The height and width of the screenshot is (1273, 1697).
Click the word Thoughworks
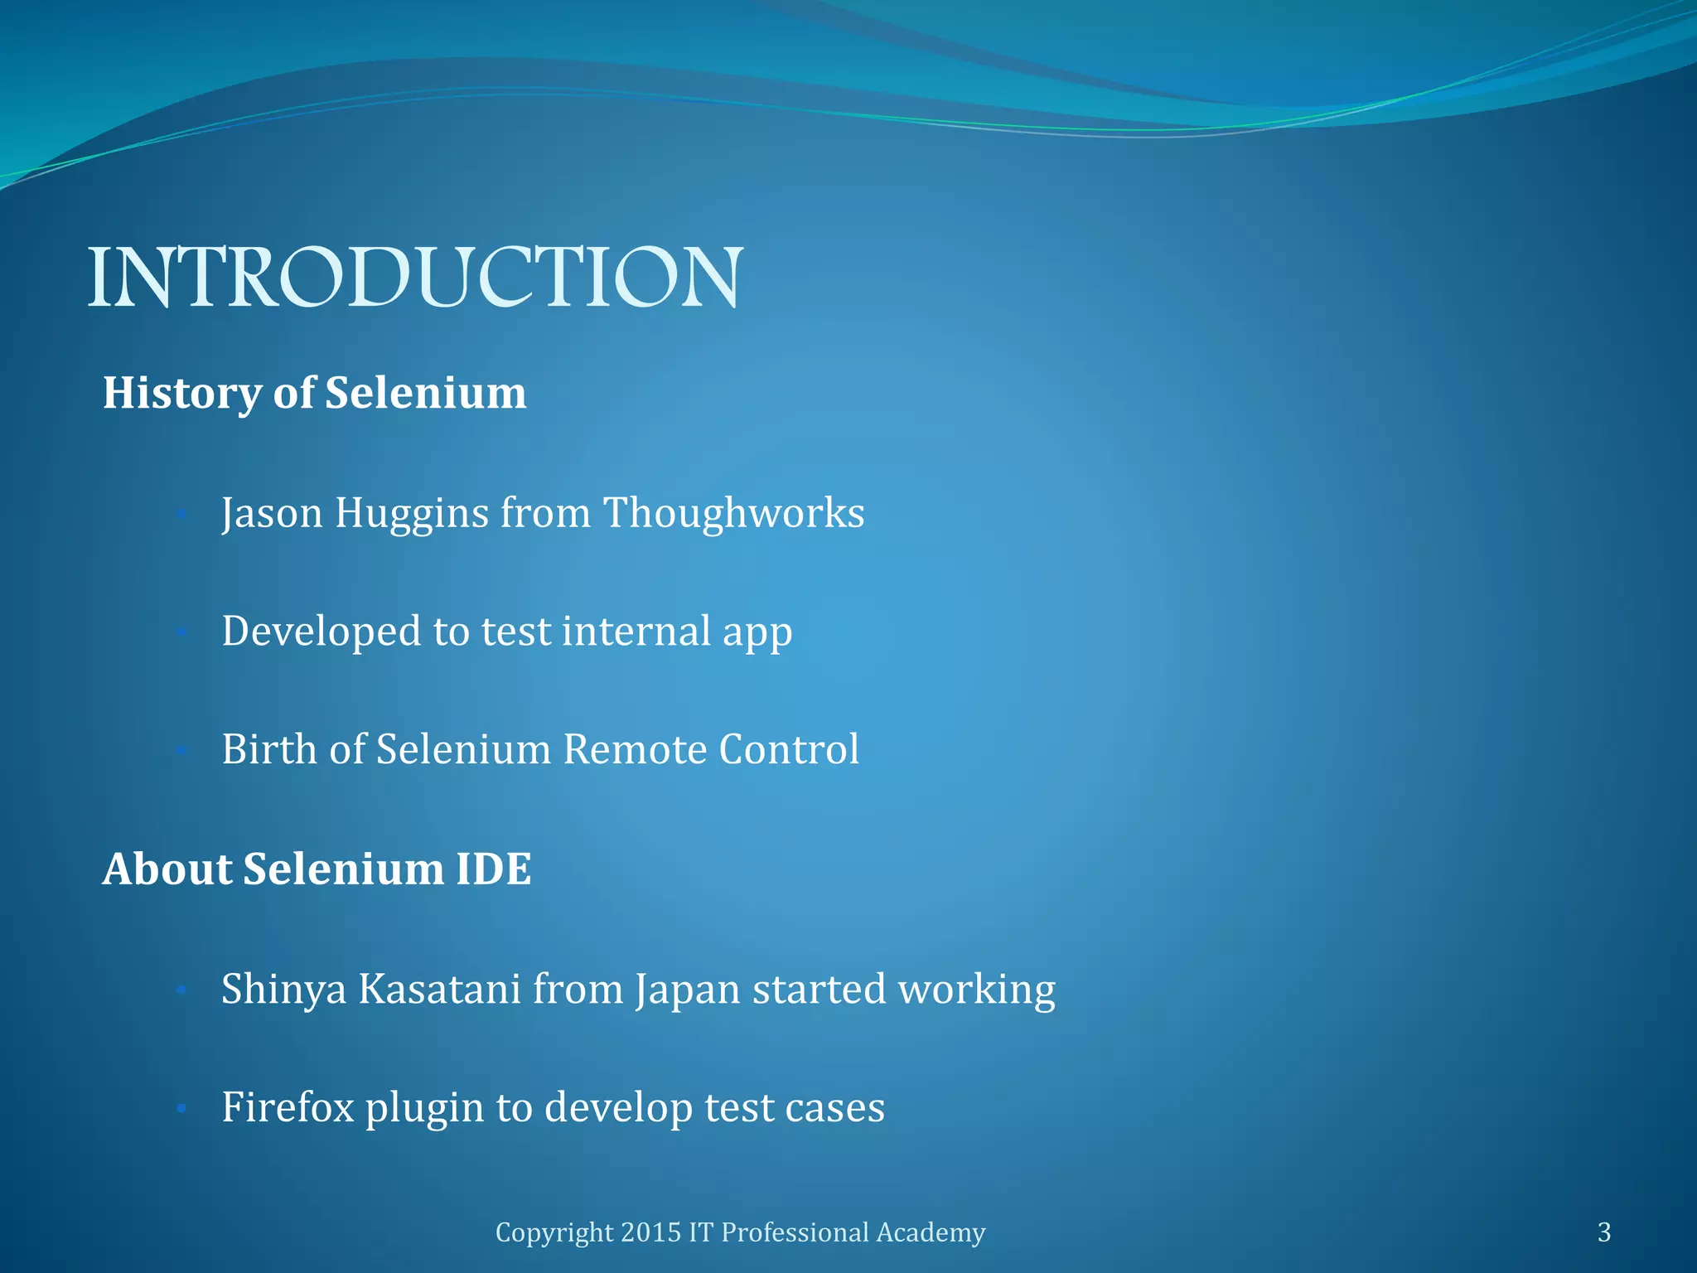pos(733,513)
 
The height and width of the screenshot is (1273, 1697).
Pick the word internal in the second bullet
pos(636,632)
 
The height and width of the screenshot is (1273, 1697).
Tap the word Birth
pos(269,749)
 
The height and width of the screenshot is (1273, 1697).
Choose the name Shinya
pos(283,990)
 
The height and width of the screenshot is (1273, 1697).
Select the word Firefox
pos(288,1107)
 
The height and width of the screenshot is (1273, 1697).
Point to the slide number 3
pos(1603,1232)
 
